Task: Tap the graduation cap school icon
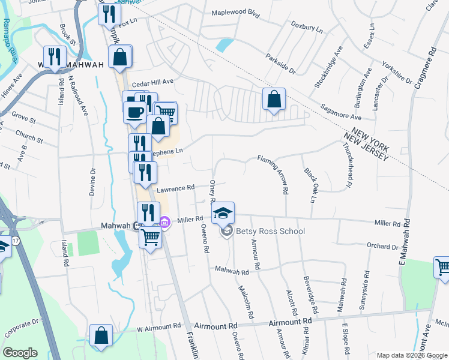coord(223,213)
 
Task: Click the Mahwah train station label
coord(115,226)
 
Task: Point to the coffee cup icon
coord(134,112)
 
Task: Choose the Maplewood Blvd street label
coord(237,13)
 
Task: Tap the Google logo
coord(20,353)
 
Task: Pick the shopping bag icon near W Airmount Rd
coord(101,336)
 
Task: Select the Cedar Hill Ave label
coord(152,81)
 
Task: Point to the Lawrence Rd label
coord(176,188)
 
